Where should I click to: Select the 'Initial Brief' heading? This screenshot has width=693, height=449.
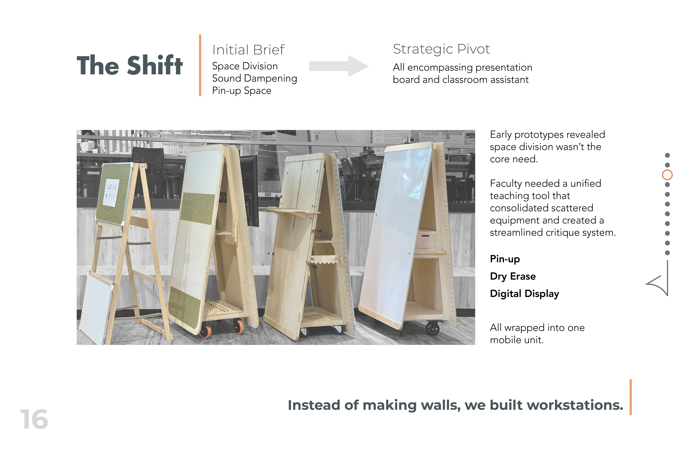click(x=248, y=50)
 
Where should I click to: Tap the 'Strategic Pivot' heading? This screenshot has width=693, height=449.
click(x=441, y=49)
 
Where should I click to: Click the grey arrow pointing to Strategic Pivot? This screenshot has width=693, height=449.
click(x=339, y=66)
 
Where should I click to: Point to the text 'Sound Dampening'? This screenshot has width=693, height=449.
click(x=254, y=78)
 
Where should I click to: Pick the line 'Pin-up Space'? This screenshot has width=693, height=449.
click(x=241, y=91)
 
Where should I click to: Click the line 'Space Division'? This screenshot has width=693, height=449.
click(x=245, y=66)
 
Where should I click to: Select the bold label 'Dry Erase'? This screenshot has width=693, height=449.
click(x=513, y=276)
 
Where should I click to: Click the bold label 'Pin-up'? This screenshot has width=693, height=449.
click(x=505, y=259)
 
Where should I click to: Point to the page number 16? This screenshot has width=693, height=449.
click(x=34, y=420)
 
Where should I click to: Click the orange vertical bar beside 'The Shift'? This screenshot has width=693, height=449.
click(x=200, y=65)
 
